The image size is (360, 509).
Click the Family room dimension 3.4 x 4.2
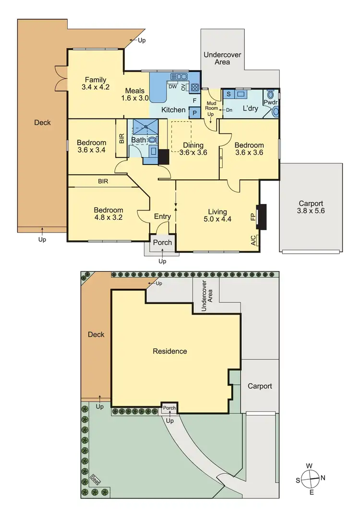(96, 87)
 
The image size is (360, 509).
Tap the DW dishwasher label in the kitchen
(172, 86)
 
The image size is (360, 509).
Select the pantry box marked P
(195, 113)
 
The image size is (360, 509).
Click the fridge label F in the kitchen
(194, 101)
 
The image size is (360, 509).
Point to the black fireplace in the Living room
(261, 217)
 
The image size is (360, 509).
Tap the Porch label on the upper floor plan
(162, 242)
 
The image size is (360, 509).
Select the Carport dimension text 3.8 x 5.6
(311, 210)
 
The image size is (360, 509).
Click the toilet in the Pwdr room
(276, 111)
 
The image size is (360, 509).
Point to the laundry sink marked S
(228, 94)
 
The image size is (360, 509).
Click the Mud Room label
(212, 106)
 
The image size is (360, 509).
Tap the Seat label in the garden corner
(96, 480)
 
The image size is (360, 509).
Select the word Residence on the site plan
(170, 351)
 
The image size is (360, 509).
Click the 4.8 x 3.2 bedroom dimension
(108, 217)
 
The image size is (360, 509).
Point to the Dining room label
(192, 145)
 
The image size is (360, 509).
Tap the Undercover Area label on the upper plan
(223, 59)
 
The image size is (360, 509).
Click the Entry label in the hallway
(162, 216)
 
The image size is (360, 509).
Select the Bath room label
(138, 140)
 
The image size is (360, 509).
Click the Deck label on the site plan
(96, 334)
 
